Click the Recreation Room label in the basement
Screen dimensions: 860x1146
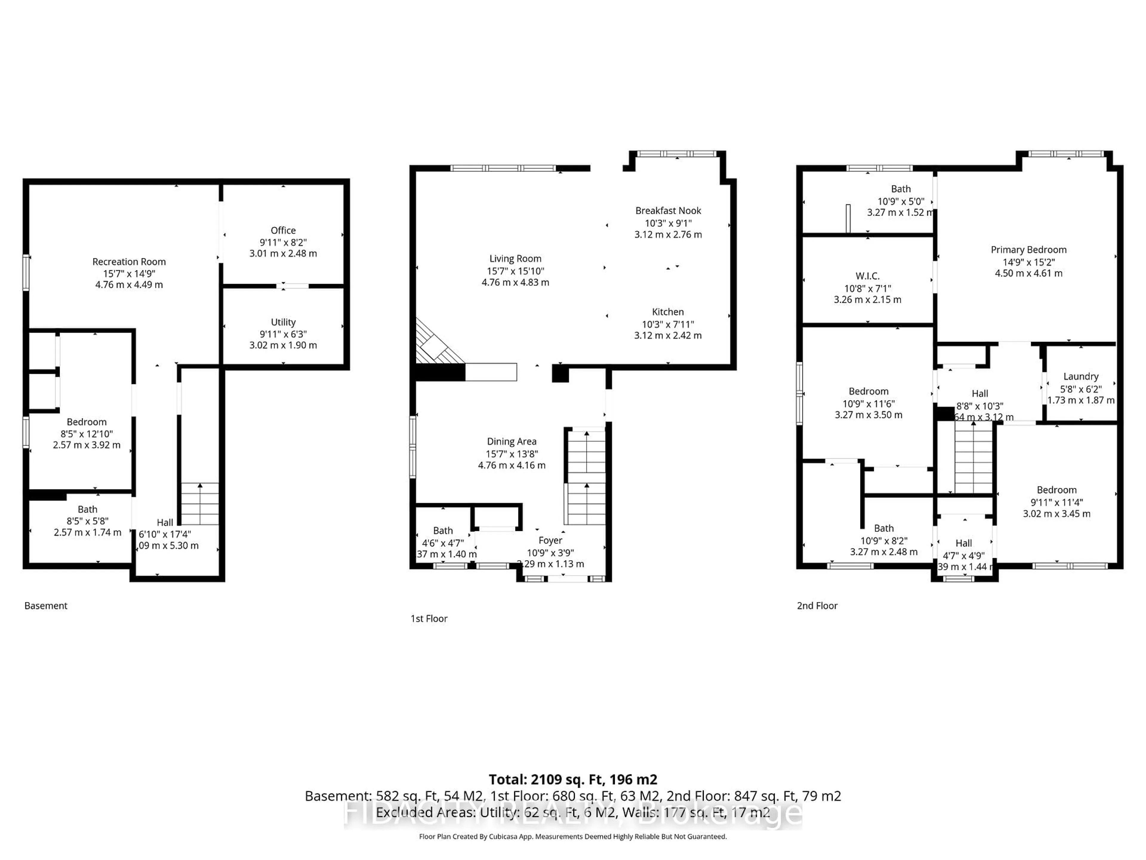(x=129, y=262)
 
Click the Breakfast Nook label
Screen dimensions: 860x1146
(x=668, y=211)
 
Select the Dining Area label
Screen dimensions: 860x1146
(x=511, y=441)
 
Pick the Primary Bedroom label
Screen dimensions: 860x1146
(x=1028, y=249)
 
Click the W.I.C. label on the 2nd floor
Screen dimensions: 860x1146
(x=867, y=276)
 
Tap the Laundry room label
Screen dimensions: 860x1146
(x=1081, y=376)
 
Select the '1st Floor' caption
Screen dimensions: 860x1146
(x=429, y=618)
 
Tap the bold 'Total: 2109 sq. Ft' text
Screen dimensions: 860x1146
(x=572, y=779)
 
